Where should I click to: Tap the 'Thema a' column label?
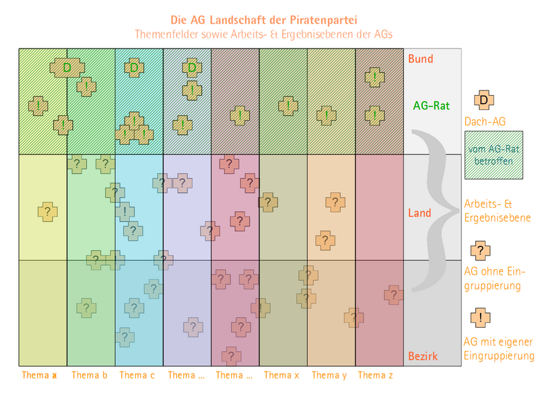pos(39,375)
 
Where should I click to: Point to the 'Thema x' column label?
pos(281,375)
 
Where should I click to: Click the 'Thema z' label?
pos(375,375)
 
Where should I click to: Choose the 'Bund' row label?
pos(420,59)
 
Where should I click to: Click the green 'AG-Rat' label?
pos(431,105)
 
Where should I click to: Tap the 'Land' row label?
pos(419,213)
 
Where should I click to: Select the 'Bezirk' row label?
pos(423,355)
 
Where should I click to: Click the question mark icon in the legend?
pos(480,250)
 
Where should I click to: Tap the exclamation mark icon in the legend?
pos(480,317)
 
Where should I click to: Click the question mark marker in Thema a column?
pos(47,212)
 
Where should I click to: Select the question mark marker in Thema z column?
pos(394,294)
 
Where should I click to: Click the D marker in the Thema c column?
pos(134,67)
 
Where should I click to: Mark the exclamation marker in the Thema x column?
pos(288,106)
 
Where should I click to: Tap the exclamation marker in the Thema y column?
pos(327,115)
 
